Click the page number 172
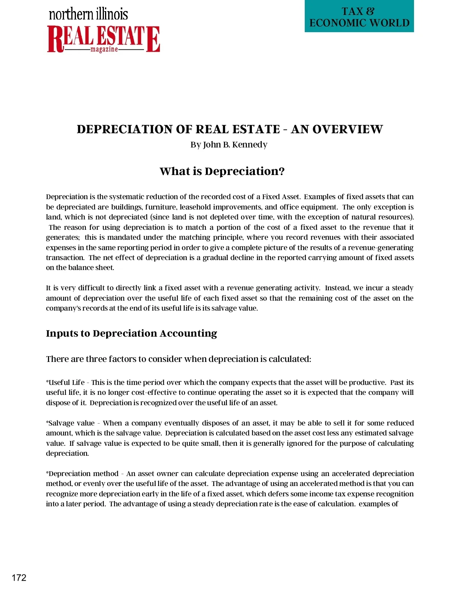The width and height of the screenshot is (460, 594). [19, 578]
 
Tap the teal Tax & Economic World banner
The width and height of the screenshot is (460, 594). [359, 17]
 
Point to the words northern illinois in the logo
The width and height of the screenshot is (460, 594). [88, 15]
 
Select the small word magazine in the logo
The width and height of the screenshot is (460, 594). [104, 50]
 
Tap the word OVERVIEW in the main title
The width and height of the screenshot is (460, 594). [347, 129]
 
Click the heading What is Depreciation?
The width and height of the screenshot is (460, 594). [222, 171]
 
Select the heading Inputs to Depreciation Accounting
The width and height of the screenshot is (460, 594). [131, 333]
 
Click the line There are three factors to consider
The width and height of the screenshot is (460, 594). [178, 359]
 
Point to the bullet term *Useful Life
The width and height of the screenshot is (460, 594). [66, 382]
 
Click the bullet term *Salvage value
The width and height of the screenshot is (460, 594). [70, 423]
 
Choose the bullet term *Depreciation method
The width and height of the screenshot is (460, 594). [82, 473]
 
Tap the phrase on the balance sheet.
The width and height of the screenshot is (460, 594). [80, 268]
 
